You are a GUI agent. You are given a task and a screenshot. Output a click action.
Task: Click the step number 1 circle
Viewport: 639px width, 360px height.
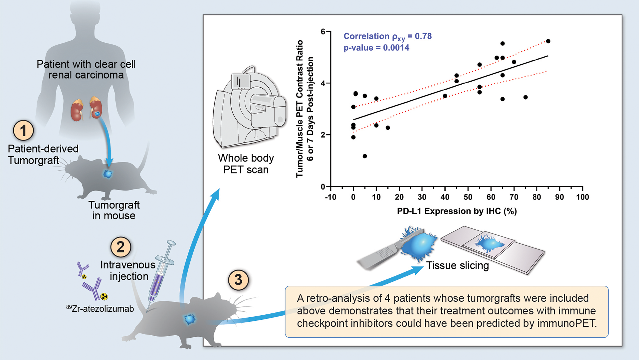(x=23, y=131)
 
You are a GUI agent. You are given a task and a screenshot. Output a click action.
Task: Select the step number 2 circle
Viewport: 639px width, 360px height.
(x=120, y=247)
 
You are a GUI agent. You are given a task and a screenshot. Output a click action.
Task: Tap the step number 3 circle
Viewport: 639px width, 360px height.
(x=238, y=280)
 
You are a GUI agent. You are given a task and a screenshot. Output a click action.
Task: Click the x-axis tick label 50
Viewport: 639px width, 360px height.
(x=468, y=197)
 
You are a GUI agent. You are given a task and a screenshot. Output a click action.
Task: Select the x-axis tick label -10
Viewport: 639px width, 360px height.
(x=330, y=197)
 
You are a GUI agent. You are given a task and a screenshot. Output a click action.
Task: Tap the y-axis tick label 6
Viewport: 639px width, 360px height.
(x=323, y=32)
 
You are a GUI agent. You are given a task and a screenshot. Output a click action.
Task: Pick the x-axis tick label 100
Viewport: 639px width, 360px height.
(x=582, y=197)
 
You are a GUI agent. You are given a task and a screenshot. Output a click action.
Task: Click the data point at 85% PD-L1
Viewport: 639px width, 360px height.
(x=548, y=41)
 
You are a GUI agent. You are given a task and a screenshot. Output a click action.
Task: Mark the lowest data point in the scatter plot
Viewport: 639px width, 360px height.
(x=365, y=156)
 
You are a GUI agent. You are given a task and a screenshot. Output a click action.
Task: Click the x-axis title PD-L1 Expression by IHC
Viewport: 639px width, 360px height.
(x=457, y=211)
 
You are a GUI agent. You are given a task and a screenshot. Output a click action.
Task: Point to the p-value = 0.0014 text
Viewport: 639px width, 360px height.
(x=376, y=48)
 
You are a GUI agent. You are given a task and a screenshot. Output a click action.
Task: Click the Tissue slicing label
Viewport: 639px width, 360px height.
(x=458, y=265)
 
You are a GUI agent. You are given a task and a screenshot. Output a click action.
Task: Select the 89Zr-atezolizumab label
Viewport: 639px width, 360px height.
(x=100, y=309)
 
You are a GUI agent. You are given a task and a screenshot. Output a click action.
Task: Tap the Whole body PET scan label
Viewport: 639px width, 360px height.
(x=246, y=164)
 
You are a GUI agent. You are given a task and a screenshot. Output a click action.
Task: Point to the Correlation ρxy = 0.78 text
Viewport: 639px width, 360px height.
(x=387, y=36)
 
